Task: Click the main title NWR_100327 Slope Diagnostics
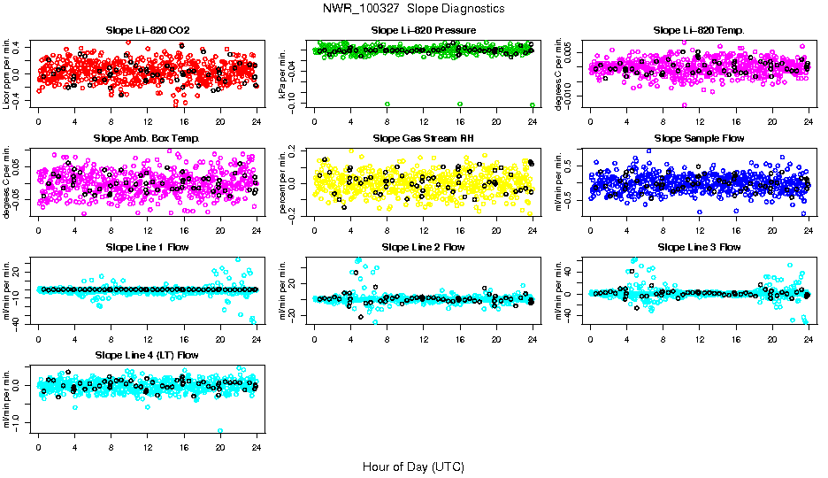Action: pos(414,8)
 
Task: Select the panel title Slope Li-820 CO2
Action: pos(147,30)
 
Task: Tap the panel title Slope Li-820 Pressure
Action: pos(423,30)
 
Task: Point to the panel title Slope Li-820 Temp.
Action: pos(699,30)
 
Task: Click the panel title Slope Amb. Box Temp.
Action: pos(147,138)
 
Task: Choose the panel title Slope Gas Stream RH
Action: pos(423,138)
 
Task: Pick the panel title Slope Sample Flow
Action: pos(699,138)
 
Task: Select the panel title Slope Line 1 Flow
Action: pos(147,247)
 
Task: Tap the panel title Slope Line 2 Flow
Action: pos(423,247)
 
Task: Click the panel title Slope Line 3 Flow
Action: pos(699,247)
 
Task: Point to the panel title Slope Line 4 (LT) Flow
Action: pos(147,355)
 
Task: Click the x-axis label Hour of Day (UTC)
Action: pos(413,466)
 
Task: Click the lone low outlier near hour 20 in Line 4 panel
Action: pos(220,431)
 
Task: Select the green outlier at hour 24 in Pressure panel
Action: pos(533,104)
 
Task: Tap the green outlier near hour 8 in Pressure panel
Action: pos(387,104)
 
